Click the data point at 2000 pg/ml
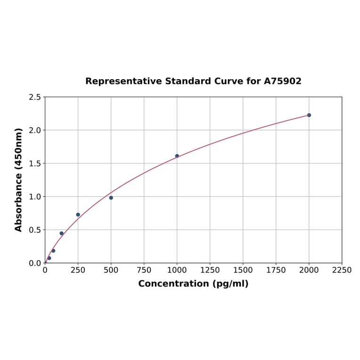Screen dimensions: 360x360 tap(309, 115)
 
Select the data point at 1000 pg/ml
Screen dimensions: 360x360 tap(177, 156)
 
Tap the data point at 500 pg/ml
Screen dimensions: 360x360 tap(111, 198)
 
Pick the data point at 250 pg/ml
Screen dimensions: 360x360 tap(78, 215)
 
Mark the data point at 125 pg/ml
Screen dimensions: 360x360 tap(62, 233)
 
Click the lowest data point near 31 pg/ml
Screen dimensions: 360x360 tap(49, 258)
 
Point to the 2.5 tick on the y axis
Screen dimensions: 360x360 tap(35, 97)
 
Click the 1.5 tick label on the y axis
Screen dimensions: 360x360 tap(35, 164)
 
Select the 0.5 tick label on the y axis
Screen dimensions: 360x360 tap(35, 230)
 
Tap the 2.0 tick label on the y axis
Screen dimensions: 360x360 tap(35, 130)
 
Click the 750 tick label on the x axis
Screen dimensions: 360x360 tap(144, 270)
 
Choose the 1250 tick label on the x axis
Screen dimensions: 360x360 tap(210, 270)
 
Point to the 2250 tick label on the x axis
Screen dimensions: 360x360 tap(342, 270)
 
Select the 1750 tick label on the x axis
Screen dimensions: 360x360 tap(276, 270)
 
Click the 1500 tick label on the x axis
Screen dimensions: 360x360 tap(243, 270)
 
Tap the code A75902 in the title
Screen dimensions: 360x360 tap(282, 82)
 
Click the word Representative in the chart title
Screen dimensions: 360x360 tap(124, 82)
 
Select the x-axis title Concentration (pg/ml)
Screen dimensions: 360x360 tap(193, 284)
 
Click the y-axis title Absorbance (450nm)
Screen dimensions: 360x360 tap(19, 180)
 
